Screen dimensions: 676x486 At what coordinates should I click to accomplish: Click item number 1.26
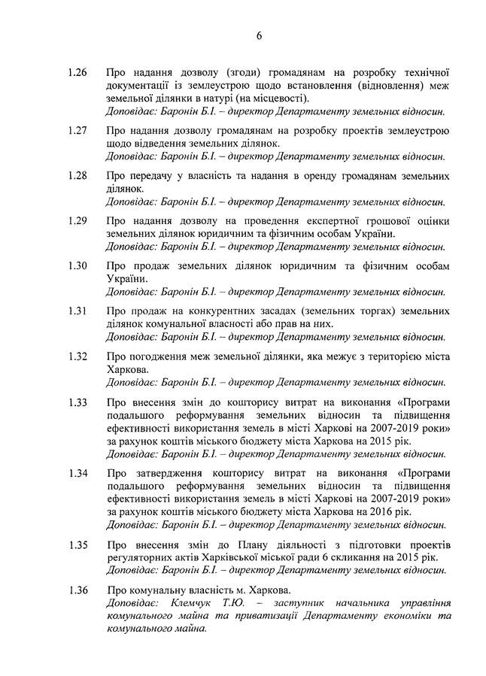click(x=77, y=73)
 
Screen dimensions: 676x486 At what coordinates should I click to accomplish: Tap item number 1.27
click(x=77, y=131)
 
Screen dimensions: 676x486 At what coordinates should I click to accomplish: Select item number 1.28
click(x=77, y=176)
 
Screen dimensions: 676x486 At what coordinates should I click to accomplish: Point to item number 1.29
click(x=77, y=221)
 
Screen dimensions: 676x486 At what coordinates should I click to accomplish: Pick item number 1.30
click(x=77, y=266)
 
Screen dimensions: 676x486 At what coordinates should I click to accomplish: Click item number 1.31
click(x=77, y=311)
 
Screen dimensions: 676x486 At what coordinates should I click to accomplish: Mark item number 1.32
click(x=77, y=356)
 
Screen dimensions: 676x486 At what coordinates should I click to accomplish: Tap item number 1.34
click(x=77, y=473)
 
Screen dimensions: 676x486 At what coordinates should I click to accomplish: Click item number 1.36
click(x=77, y=590)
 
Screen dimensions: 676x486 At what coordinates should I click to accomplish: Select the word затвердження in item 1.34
click(x=167, y=473)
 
